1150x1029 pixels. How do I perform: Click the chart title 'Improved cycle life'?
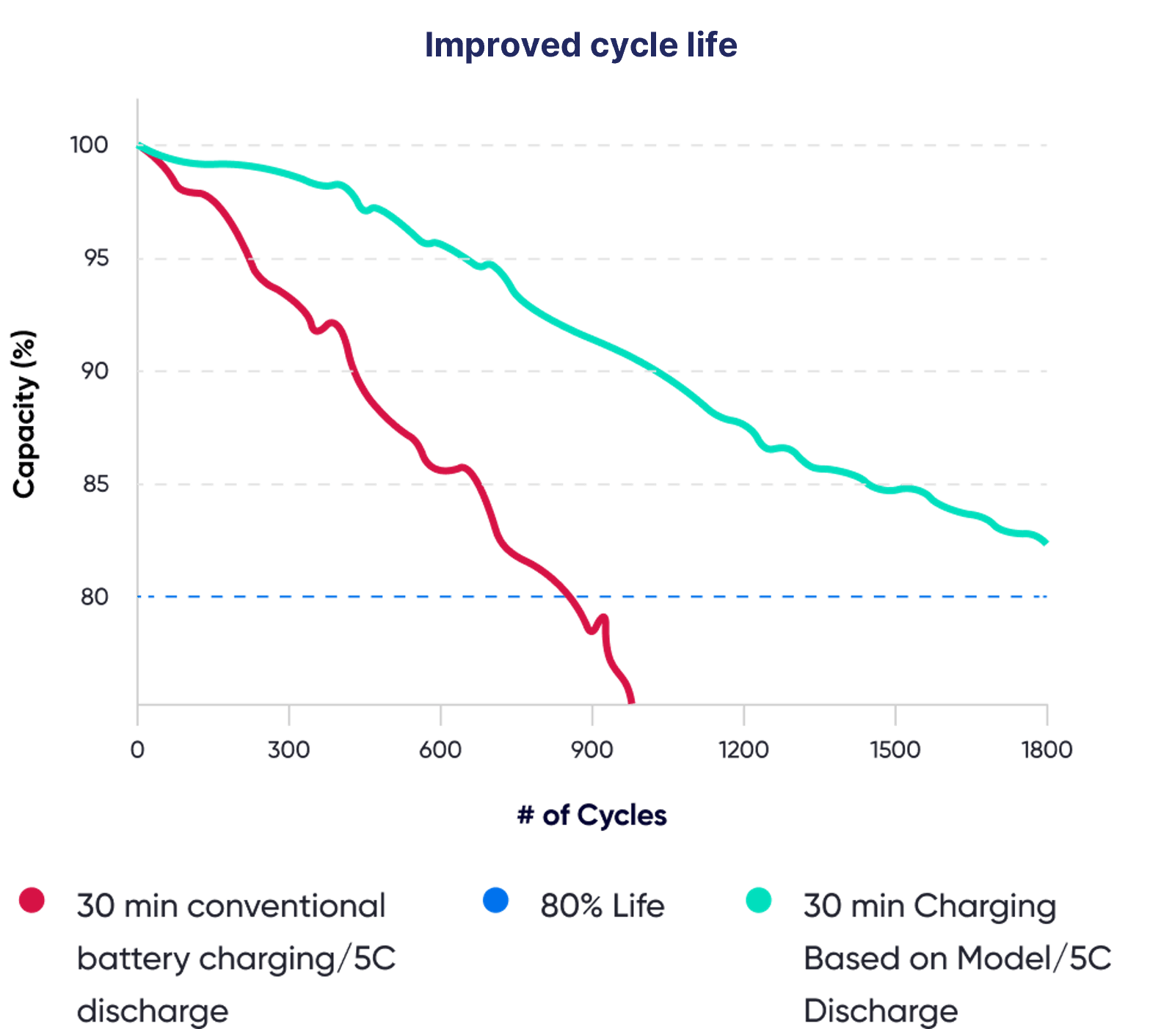click(581, 45)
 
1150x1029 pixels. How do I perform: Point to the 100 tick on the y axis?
click(90, 145)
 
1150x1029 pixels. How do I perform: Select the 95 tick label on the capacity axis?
click(96, 258)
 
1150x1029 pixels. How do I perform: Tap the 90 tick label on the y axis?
click(95, 371)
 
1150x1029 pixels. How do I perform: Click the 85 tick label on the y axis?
click(95, 484)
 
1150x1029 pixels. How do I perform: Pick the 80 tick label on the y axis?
click(95, 597)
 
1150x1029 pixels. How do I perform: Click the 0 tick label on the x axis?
click(137, 750)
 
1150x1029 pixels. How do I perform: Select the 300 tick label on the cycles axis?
click(289, 750)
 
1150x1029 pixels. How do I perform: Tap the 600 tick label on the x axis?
click(440, 750)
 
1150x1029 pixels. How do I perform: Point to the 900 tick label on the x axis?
click(592, 750)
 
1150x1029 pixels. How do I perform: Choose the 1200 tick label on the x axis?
click(743, 750)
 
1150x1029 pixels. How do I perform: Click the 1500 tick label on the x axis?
click(895, 750)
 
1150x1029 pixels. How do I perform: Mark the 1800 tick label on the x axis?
click(1047, 750)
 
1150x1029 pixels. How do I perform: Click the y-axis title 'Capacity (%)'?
click(24, 414)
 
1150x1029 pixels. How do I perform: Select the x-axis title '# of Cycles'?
click(592, 816)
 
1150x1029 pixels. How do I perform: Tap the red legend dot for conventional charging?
click(32, 900)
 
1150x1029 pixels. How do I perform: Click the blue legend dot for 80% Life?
click(496, 900)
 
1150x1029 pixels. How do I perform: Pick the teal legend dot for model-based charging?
click(759, 900)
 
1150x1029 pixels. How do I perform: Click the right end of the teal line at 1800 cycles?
click(1046, 542)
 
